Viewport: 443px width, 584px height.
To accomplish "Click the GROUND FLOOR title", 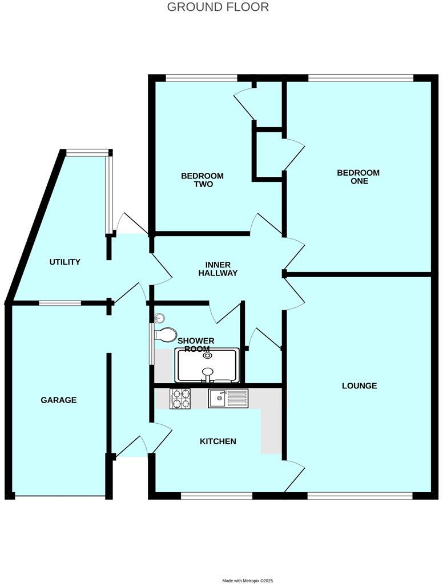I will coord(218,7).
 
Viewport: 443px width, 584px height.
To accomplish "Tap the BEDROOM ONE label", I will coord(358,177).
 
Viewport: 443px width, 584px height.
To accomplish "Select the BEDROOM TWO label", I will coord(202,180).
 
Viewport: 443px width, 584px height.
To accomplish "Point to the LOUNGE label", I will coord(359,386).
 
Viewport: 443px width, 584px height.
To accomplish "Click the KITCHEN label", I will coord(218,441).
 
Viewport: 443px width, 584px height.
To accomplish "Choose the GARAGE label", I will coord(58,400).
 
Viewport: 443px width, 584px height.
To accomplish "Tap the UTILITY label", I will coord(65,262).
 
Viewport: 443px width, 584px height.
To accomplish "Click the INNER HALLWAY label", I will coord(218,269).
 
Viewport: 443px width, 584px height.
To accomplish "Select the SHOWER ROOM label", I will coord(196,345).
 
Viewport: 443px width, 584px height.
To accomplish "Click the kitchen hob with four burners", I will coord(180,398).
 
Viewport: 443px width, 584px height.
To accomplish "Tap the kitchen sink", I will coord(227,398).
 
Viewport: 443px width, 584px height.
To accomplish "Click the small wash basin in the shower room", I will coord(159,318).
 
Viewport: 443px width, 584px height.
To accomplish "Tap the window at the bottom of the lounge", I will coord(360,496).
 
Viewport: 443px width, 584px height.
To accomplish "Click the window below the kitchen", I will coord(216,496).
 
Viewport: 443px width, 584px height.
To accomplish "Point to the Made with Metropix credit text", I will coord(248,581).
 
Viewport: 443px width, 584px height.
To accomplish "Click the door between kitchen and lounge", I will coord(295,475).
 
